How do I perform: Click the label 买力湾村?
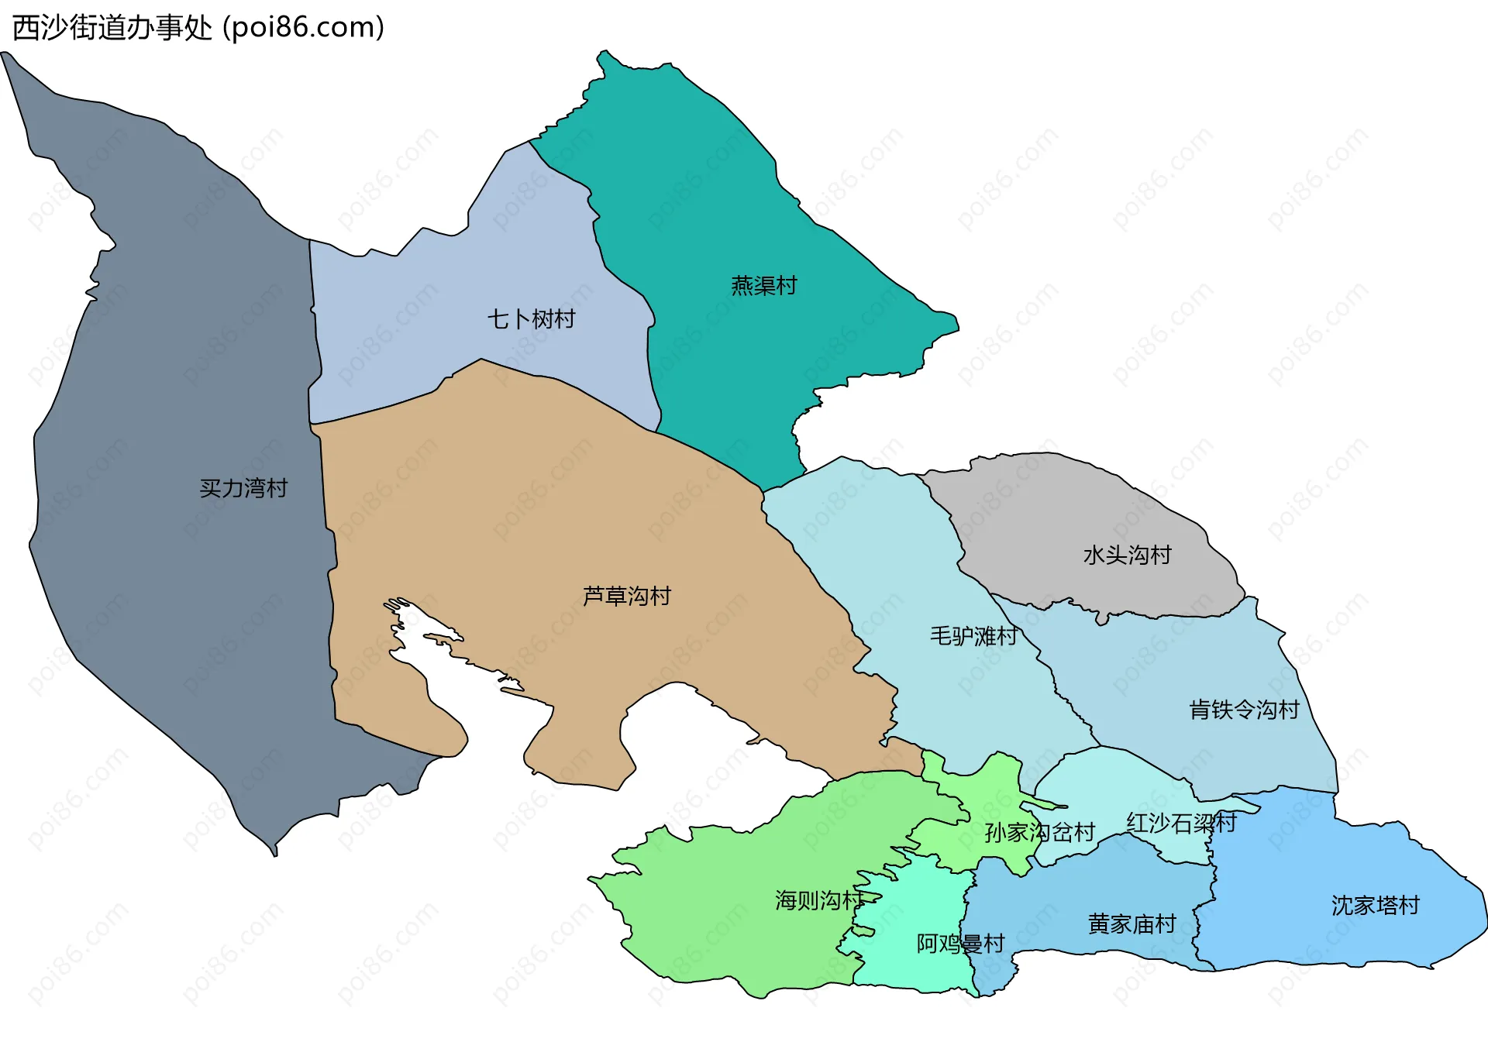pyautogui.click(x=243, y=488)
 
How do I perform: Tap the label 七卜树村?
pyautogui.click(x=531, y=319)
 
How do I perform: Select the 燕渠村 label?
pyautogui.click(x=763, y=286)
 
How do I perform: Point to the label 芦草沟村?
pyautogui.click(x=626, y=596)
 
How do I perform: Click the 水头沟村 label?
pyautogui.click(x=1127, y=555)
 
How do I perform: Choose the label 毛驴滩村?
pyautogui.click(x=973, y=636)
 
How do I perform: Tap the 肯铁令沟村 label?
pyautogui.click(x=1244, y=709)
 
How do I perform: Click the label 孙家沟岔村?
pyautogui.click(x=1039, y=832)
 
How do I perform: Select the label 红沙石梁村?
pyautogui.click(x=1181, y=823)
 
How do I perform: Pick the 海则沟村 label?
pyautogui.click(x=818, y=900)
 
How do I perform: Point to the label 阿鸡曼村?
pyautogui.click(x=960, y=943)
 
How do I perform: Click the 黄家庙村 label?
pyautogui.click(x=1131, y=923)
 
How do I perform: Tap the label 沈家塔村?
pyautogui.click(x=1375, y=905)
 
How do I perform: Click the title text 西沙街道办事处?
pyautogui.click(x=112, y=28)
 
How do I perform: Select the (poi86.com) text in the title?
pyautogui.click(x=303, y=28)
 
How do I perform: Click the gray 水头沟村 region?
pyautogui.click(x=1069, y=511)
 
